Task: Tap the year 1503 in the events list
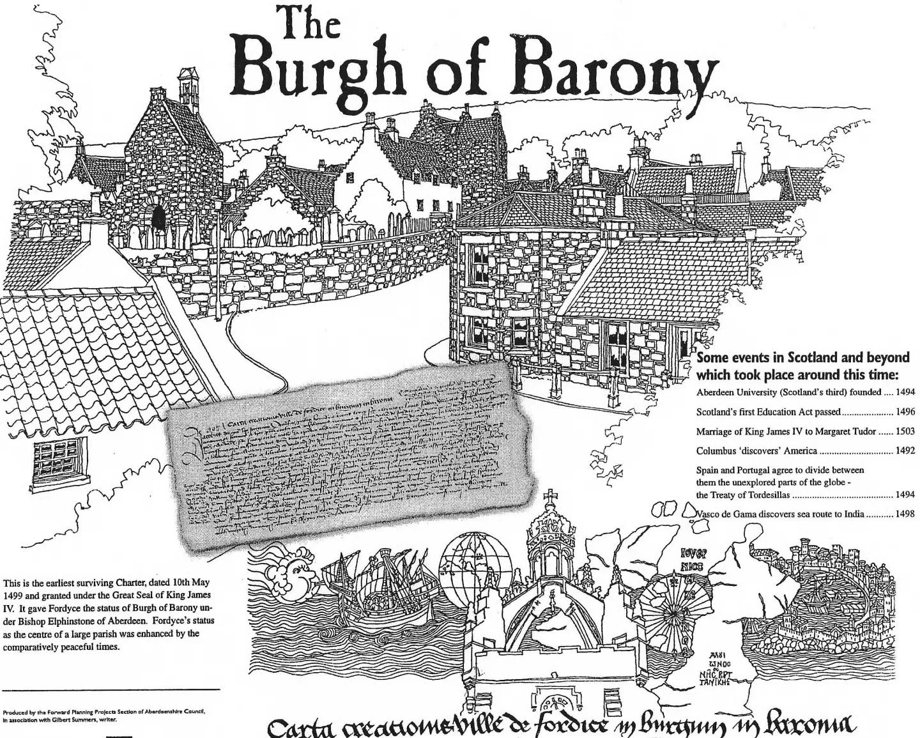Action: pos(905,431)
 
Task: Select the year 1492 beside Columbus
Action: pos(905,450)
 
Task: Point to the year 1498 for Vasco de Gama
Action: pos(905,514)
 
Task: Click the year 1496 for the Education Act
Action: pos(905,412)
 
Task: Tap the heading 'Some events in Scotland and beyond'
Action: pos(802,357)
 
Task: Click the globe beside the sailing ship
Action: pos(477,569)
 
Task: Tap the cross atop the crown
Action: pos(550,496)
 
